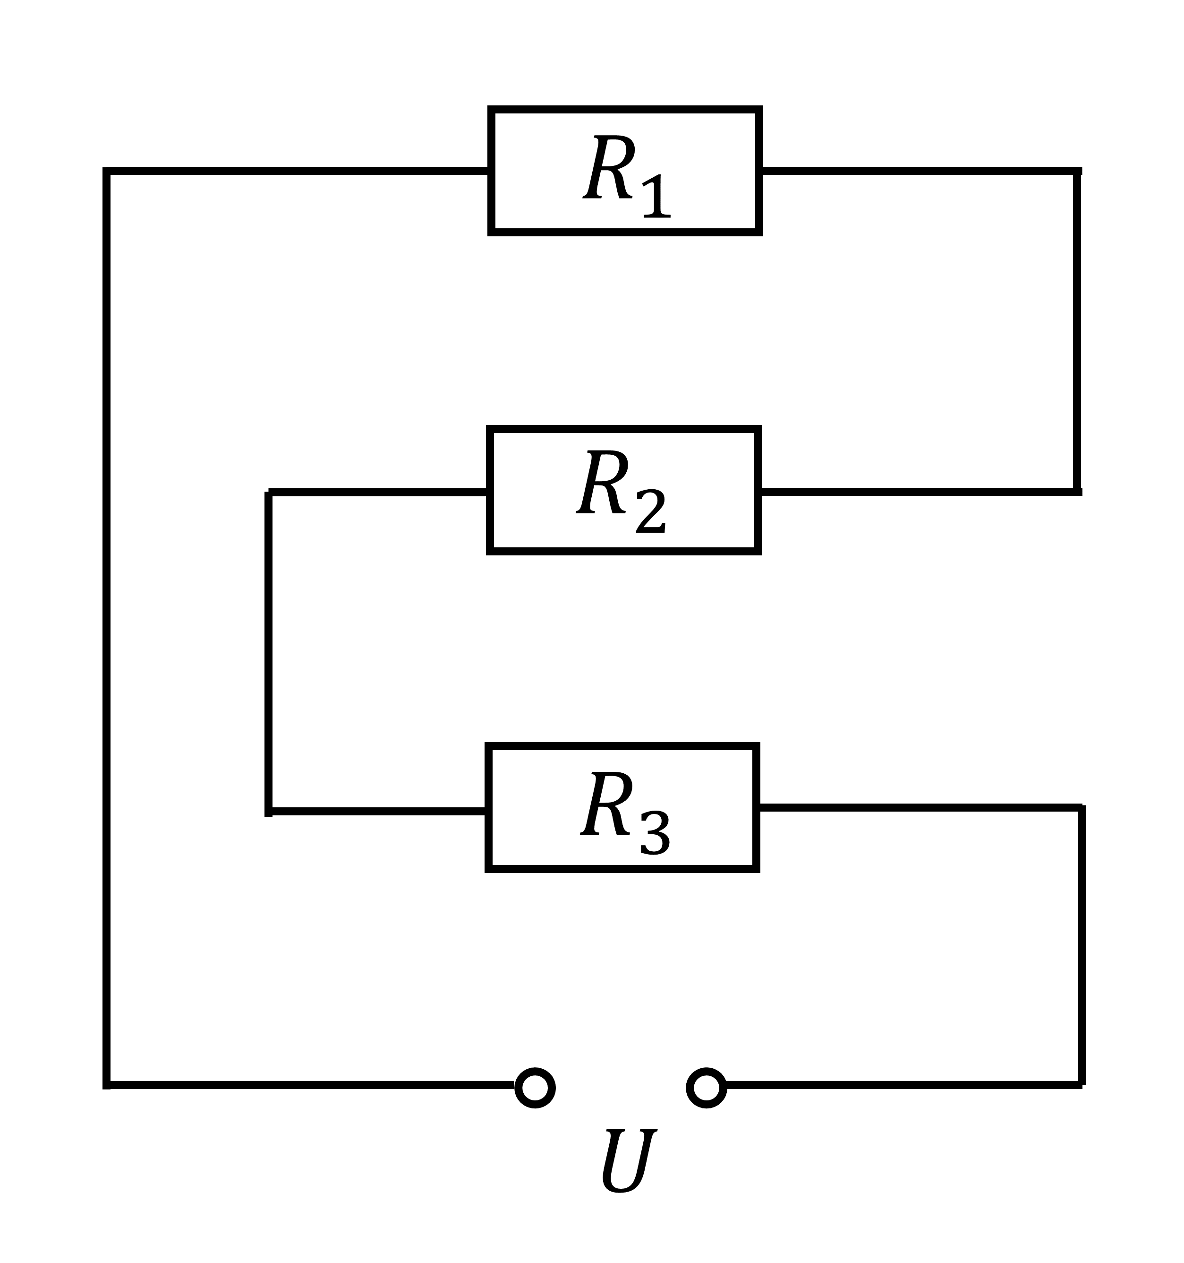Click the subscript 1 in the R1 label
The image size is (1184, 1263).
click(657, 196)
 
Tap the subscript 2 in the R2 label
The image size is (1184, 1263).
click(651, 511)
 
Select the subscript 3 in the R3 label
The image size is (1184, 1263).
click(655, 832)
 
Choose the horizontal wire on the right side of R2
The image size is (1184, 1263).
click(920, 491)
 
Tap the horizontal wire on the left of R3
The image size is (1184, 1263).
click(377, 811)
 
